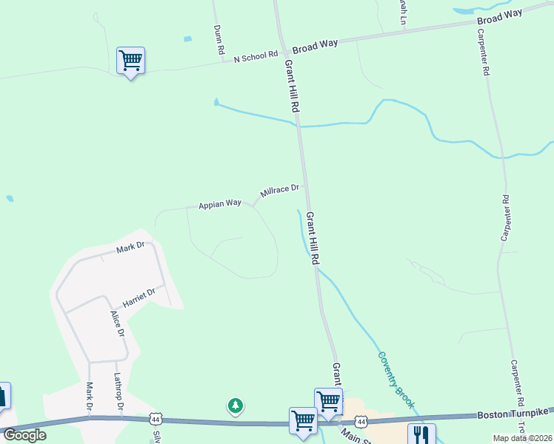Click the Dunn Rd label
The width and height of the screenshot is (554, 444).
(x=218, y=41)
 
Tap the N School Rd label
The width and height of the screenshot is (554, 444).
(x=255, y=56)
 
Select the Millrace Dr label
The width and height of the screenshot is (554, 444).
(x=279, y=192)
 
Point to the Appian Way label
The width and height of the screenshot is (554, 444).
(x=220, y=203)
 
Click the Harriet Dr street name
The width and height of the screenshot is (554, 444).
(x=139, y=297)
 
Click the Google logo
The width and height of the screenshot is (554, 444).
(x=24, y=435)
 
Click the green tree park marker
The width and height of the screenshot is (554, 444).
(x=236, y=406)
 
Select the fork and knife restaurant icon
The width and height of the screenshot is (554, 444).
(x=421, y=434)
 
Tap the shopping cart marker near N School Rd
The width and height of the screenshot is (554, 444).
(x=130, y=61)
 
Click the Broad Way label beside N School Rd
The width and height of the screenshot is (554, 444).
(x=315, y=46)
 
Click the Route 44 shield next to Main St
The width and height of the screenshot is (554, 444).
(x=361, y=421)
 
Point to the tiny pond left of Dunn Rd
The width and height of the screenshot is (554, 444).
(x=188, y=38)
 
